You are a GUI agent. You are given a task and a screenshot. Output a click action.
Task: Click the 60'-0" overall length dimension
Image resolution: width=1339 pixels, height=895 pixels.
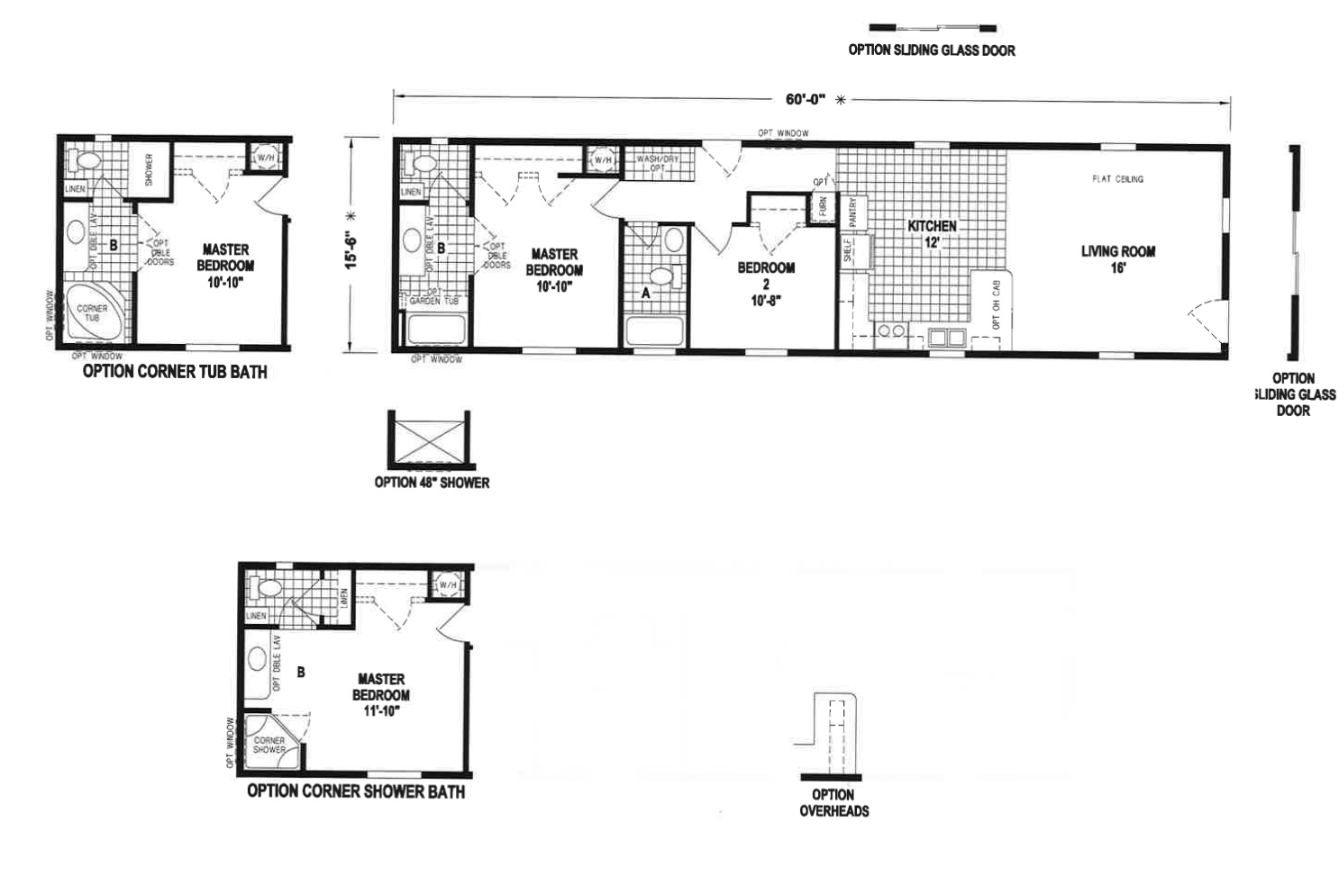805,99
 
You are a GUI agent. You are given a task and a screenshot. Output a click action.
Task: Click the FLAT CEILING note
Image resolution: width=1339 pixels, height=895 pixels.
1117,179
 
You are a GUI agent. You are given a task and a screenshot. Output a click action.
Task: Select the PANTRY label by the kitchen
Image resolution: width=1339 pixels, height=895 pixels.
852,212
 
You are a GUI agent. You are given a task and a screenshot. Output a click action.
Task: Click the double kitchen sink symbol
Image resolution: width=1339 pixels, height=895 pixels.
947,339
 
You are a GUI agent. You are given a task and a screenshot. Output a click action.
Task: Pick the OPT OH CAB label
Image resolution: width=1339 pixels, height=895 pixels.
996,303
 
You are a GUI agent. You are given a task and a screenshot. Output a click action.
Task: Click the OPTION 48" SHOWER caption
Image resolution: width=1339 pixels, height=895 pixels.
432,483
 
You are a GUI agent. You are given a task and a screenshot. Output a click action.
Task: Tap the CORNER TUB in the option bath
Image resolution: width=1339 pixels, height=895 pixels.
91,312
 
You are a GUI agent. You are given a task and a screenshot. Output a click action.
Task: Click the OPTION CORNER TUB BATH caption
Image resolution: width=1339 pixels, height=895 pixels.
175,372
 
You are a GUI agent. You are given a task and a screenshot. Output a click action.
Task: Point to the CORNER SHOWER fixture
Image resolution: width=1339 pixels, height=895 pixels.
270,744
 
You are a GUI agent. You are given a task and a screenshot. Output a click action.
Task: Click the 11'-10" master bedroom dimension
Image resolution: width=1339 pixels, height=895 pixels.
380,711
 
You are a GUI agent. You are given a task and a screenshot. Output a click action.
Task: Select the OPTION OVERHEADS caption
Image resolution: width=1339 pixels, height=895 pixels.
833,802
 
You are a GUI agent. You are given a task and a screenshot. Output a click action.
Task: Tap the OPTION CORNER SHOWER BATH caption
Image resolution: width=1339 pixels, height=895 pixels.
356,792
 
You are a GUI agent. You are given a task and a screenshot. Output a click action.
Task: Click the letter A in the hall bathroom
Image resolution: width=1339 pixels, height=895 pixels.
645,293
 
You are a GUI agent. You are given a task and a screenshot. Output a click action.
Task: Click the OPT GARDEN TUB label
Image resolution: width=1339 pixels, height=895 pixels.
434,297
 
